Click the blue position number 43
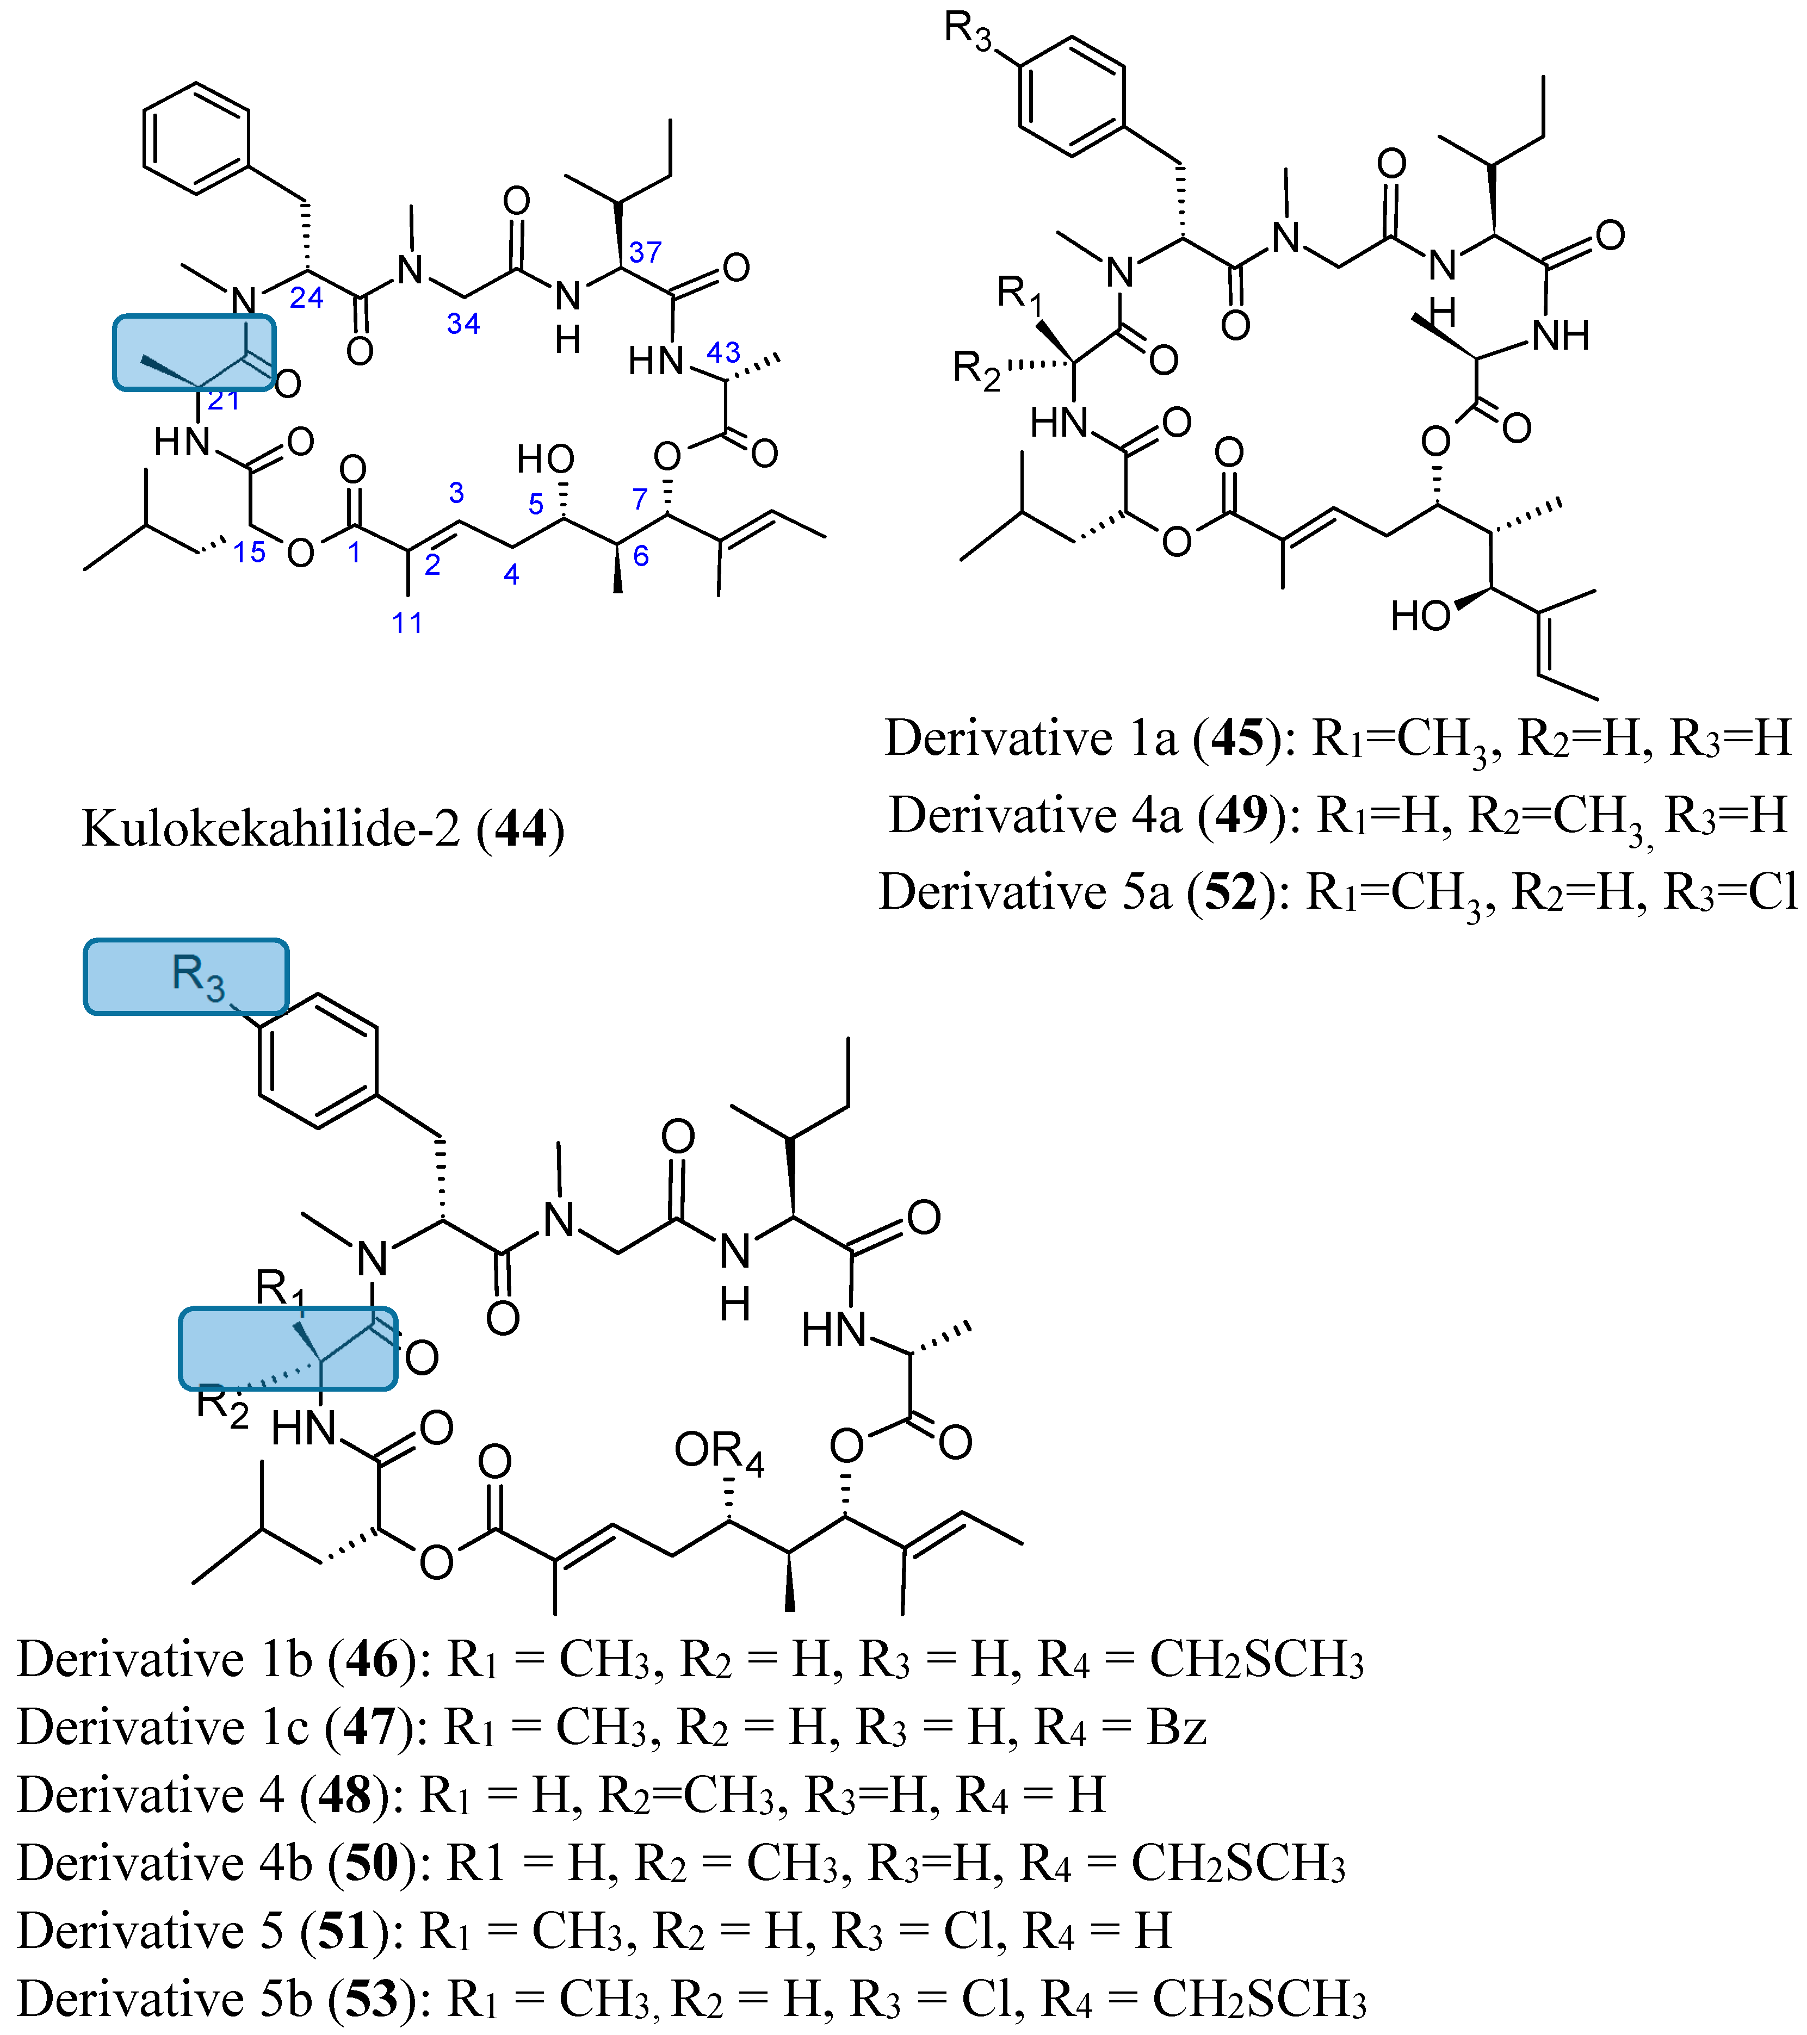pyautogui.click(x=724, y=352)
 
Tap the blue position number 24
pyautogui.click(x=307, y=297)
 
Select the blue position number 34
pyautogui.click(x=463, y=324)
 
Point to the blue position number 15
pyautogui.click(x=249, y=553)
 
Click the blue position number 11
pyautogui.click(x=407, y=623)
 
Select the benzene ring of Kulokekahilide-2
pyautogui.click(x=195, y=138)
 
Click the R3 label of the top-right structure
pyautogui.click(x=968, y=32)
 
